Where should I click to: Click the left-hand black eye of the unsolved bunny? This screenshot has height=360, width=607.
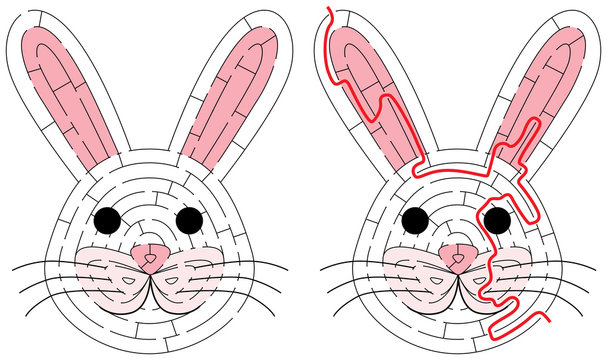point(108,217)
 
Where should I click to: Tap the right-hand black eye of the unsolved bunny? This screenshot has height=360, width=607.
point(188,217)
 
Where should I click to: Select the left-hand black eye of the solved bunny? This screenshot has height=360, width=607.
point(416,217)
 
